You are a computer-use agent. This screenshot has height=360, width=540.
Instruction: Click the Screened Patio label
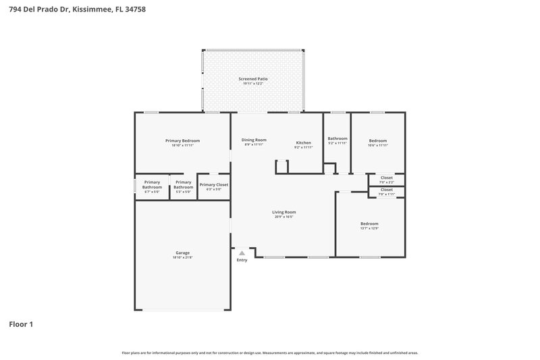tap(253, 79)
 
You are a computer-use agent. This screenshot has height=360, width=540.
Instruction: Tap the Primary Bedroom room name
tap(182, 140)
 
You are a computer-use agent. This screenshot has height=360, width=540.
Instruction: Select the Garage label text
tap(182, 253)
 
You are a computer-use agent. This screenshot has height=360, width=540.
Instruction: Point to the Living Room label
tap(283, 212)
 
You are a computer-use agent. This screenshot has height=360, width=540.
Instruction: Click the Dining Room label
tap(254, 140)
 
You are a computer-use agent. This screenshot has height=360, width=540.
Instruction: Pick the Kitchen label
tap(303, 143)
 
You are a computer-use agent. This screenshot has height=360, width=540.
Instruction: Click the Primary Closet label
tap(213, 184)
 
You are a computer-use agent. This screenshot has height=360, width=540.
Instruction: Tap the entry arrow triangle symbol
tap(242, 253)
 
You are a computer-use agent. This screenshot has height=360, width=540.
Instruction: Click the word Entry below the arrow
tap(242, 260)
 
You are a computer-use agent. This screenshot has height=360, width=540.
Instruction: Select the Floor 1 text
tap(20, 324)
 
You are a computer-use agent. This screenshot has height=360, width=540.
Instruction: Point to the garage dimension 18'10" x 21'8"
tap(182, 258)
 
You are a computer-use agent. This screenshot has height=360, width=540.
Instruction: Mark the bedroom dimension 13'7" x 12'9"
tap(369, 228)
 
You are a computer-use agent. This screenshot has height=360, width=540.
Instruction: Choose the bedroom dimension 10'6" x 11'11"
tap(377, 145)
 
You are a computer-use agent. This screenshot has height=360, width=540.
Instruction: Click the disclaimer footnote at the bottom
tap(269, 353)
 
